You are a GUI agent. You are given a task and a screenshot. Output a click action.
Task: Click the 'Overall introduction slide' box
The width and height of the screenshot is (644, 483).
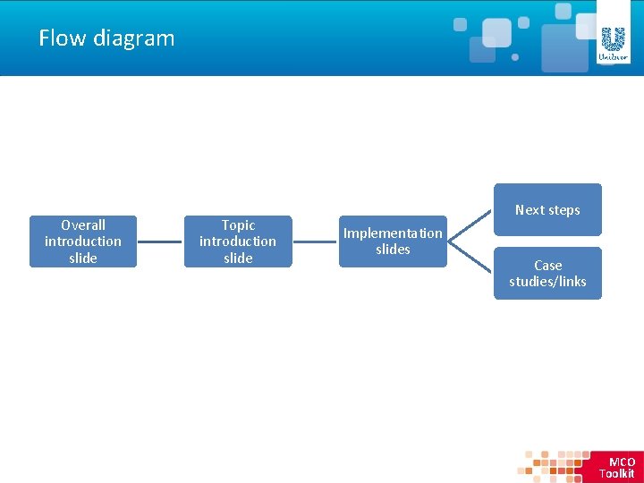pos(83,241)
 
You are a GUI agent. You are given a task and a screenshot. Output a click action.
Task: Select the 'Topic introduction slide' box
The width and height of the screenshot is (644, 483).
pos(238,241)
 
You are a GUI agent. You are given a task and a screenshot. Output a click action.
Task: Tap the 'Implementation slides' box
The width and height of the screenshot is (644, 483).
pos(393,241)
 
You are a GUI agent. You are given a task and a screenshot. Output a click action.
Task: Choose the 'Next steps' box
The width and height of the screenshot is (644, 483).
pos(547,210)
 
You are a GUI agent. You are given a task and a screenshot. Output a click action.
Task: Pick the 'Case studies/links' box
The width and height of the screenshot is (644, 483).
pos(547,273)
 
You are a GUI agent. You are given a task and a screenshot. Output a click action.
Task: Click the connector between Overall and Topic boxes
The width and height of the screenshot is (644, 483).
pos(160,241)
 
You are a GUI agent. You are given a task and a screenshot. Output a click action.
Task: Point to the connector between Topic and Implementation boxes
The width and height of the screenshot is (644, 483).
pos(315,241)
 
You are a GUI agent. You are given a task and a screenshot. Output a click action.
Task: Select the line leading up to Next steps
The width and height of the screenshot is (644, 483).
pos(470,225)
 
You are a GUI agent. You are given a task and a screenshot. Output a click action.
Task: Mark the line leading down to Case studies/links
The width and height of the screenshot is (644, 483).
pos(470,258)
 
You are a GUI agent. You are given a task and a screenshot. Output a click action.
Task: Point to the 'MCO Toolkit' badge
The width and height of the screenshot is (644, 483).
pos(616,467)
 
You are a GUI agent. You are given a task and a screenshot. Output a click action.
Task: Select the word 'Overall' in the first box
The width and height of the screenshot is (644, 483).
pos(83,225)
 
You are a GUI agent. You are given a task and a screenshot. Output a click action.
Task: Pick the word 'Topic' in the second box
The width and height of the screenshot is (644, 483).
pos(238,225)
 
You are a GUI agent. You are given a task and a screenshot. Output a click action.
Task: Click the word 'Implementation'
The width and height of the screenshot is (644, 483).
pos(393,233)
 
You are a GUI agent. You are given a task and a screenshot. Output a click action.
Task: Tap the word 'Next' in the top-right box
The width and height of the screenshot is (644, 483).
pos(530,210)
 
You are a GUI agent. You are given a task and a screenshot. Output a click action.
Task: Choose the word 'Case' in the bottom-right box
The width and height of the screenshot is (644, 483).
pos(547,266)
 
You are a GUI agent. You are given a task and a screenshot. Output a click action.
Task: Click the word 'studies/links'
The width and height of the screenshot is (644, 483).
pos(547,282)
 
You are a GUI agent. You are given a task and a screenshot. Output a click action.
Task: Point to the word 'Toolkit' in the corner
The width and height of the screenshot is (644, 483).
pos(616,474)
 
